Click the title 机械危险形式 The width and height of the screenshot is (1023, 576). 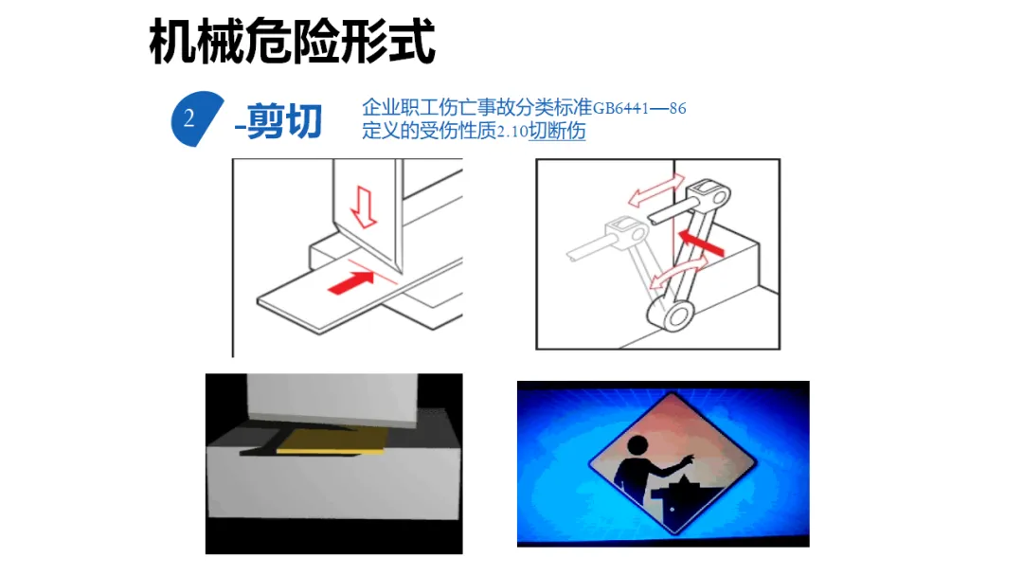(x=292, y=42)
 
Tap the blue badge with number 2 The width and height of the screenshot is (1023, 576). (x=196, y=118)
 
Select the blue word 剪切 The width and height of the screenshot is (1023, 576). (x=284, y=121)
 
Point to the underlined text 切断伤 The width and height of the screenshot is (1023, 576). (x=557, y=131)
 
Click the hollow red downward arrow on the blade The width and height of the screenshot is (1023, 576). (x=364, y=207)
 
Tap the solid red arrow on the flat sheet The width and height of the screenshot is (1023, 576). (x=350, y=282)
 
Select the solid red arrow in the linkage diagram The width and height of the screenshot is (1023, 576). (x=701, y=242)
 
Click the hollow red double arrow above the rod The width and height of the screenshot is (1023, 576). (x=656, y=189)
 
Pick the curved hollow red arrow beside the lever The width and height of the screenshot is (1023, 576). (x=679, y=271)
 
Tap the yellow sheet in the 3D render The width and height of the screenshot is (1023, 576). (x=332, y=441)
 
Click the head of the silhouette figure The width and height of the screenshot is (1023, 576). (x=637, y=446)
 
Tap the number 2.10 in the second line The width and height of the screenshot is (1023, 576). (x=512, y=132)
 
